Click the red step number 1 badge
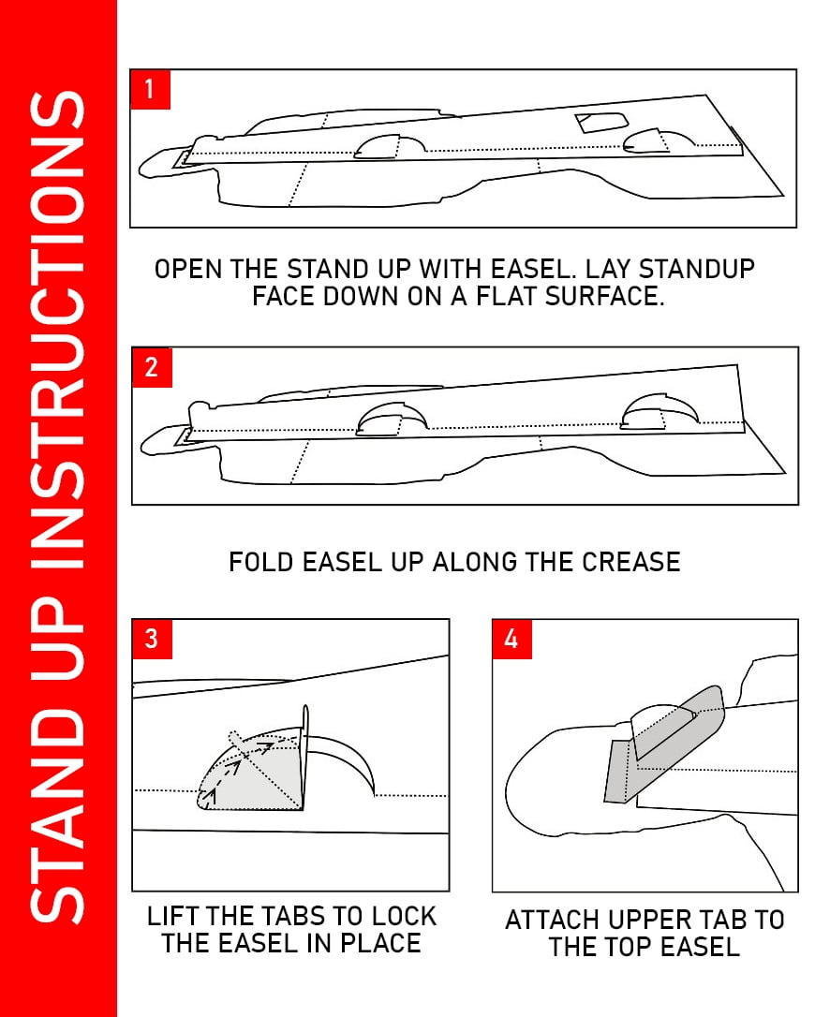(150, 90)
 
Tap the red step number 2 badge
(152, 368)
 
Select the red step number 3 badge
(152, 639)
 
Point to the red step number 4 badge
(512, 640)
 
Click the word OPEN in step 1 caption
(188, 269)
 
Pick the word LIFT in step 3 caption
(170, 916)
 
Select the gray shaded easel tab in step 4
(662, 745)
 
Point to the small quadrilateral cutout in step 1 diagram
(600, 122)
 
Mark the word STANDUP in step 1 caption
(697, 269)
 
